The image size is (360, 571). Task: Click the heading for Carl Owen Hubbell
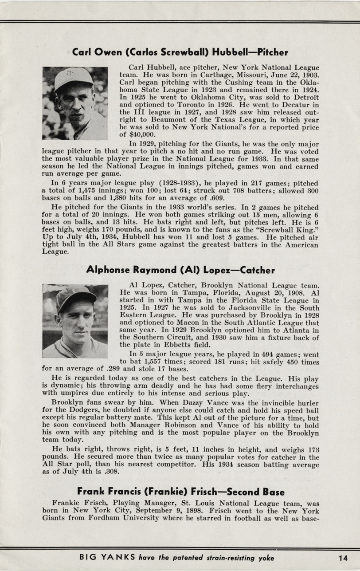coord(180,52)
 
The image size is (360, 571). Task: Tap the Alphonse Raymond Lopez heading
coord(180,270)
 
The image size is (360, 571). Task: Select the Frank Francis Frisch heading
coord(180,491)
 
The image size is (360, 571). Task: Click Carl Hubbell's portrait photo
coord(75,103)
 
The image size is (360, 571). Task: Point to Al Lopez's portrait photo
coord(75,321)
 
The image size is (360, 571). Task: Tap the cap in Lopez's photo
coord(75,295)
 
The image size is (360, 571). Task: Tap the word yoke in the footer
coord(265,558)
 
